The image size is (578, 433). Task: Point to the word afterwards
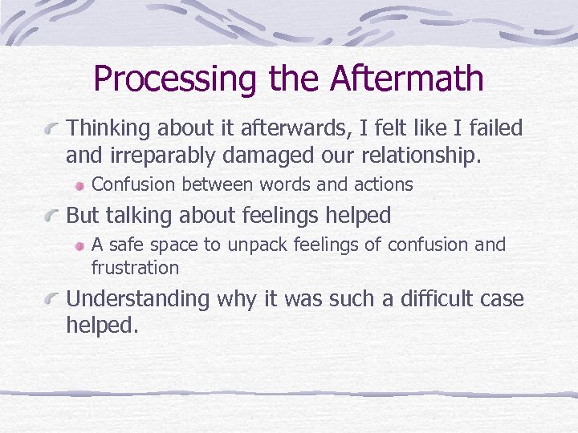[306, 128]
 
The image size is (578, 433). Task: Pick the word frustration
[135, 267]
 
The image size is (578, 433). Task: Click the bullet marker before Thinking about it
[54, 127]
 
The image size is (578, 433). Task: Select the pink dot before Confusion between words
[79, 185]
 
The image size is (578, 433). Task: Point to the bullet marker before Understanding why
[54, 299]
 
